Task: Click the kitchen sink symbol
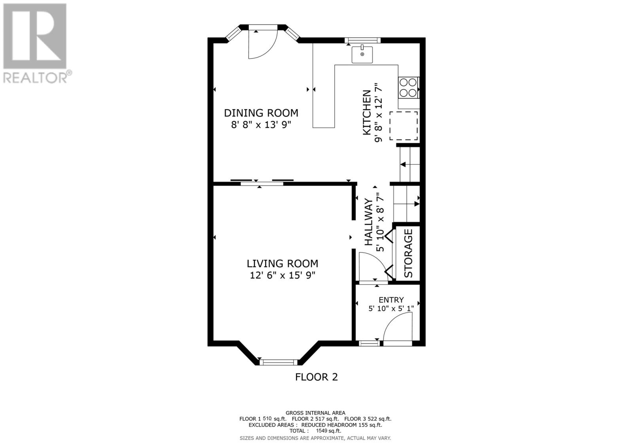(362, 55)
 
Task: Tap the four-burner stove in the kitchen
(408, 87)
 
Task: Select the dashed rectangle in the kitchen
(404, 126)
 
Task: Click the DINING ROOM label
(261, 113)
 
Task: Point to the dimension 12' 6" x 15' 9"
(282, 275)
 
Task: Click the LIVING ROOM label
(282, 264)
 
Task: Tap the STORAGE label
(408, 253)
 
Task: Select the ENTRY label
(391, 300)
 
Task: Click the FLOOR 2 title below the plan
(316, 377)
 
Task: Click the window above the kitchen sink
(362, 40)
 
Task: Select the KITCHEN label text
(367, 113)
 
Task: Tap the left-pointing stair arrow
(403, 164)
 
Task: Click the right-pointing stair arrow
(416, 204)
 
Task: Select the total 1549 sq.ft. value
(328, 431)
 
